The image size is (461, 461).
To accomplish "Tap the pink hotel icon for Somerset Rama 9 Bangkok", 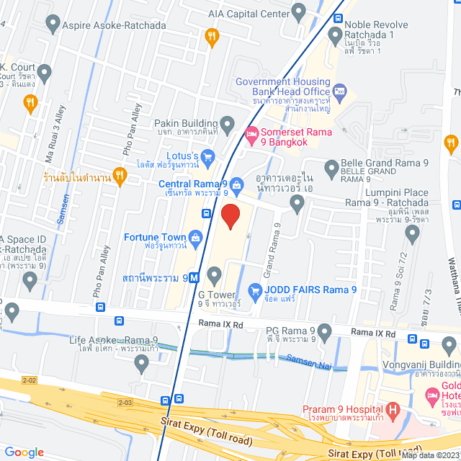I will (x=251, y=134).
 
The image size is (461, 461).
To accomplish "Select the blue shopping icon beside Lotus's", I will (x=207, y=156).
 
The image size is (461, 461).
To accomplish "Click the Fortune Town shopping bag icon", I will (x=195, y=237).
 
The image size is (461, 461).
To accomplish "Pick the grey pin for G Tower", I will (x=214, y=274).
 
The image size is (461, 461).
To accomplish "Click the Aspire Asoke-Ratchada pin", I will (x=52, y=24).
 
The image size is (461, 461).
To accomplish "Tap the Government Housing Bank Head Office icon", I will (x=340, y=92).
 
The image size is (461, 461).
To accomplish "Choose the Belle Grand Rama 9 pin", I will (x=331, y=170).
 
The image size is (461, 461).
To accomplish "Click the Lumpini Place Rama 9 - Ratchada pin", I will (x=412, y=233).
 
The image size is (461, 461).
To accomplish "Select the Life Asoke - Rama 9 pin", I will (x=141, y=364).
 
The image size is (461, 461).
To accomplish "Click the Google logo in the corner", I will (x=24, y=452).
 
